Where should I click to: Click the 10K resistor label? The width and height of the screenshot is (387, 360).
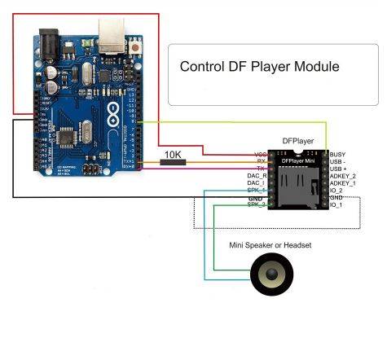click(171, 153)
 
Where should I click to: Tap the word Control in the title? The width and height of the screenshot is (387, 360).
click(201, 66)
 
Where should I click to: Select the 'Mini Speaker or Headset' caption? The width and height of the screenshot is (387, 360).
click(270, 245)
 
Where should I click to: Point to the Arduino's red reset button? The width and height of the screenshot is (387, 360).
click(133, 51)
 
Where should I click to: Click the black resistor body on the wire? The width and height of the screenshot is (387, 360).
click(172, 163)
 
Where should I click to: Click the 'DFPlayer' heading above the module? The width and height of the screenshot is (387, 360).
click(297, 140)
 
